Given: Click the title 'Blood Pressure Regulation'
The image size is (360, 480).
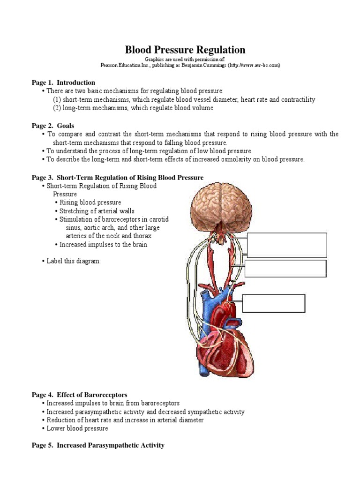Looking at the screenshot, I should tap(185, 50).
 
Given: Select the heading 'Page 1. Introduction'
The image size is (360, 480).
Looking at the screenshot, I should tap(63, 82).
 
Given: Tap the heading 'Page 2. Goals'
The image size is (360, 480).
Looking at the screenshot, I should tap(53, 126).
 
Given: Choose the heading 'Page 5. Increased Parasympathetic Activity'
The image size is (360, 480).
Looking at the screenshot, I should tap(98, 445).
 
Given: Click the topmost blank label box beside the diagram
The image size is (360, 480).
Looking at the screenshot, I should tap(287, 245).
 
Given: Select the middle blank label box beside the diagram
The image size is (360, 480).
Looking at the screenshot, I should tap(285, 269).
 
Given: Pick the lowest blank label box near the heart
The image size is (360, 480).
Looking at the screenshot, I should tap(274, 303).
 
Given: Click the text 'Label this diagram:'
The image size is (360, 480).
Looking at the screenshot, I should tap(74, 261).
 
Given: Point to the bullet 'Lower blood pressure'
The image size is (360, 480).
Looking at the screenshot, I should tap(77, 428).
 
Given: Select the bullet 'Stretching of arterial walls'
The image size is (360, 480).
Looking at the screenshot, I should tap(97, 211).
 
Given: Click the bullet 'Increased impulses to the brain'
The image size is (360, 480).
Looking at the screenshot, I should tap(104, 245).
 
